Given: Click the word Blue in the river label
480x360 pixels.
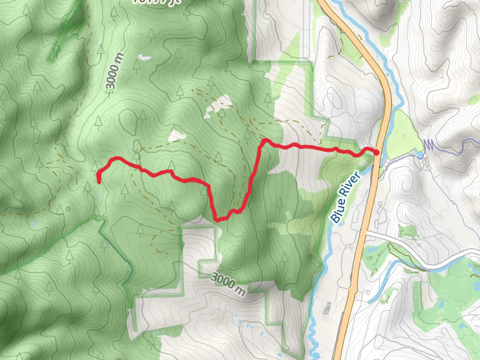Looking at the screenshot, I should pyautogui.click(x=337, y=212).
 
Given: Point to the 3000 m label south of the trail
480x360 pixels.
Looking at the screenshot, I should pyautogui.click(x=229, y=283).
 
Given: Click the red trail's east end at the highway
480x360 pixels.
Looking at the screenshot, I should pyautogui.click(x=376, y=153).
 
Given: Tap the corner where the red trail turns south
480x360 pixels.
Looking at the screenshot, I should pyautogui.click(x=262, y=142).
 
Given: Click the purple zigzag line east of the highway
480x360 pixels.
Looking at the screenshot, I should pyautogui.click(x=429, y=145).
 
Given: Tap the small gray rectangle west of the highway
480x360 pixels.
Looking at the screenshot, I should pyautogui.click(x=328, y=307).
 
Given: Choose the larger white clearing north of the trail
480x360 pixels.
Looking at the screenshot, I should pyautogui.click(x=217, y=107).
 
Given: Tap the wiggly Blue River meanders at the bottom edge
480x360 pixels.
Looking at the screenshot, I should pyautogui.click(x=311, y=336).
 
